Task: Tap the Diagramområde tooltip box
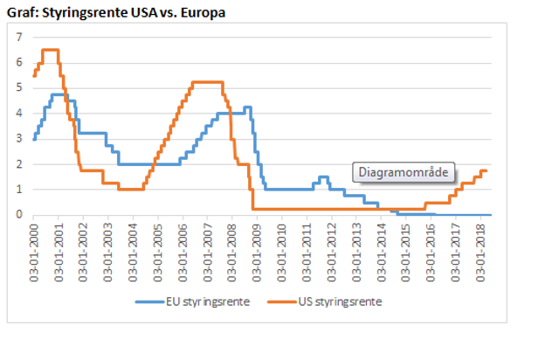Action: (404, 172)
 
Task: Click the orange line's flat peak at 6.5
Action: (50, 50)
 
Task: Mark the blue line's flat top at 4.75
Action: (59, 94)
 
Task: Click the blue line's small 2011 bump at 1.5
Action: (323, 177)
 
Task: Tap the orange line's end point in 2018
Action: (487, 170)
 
